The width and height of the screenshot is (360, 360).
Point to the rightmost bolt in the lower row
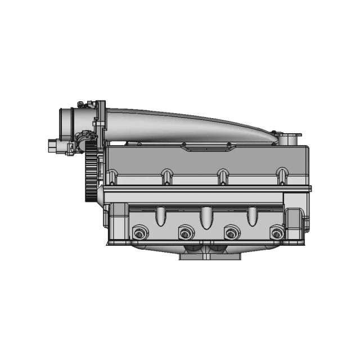click(x=276, y=233)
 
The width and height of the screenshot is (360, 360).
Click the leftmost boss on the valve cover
click(x=112, y=177)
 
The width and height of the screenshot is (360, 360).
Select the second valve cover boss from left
click(x=166, y=177)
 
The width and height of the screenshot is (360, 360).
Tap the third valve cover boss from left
click(x=223, y=177)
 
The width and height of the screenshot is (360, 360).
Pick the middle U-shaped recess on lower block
click(x=205, y=217)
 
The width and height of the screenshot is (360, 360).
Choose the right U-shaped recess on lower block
click(x=252, y=215)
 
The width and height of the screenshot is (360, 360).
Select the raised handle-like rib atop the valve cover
click(x=206, y=147)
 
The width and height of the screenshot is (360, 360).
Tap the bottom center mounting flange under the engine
click(x=211, y=254)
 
